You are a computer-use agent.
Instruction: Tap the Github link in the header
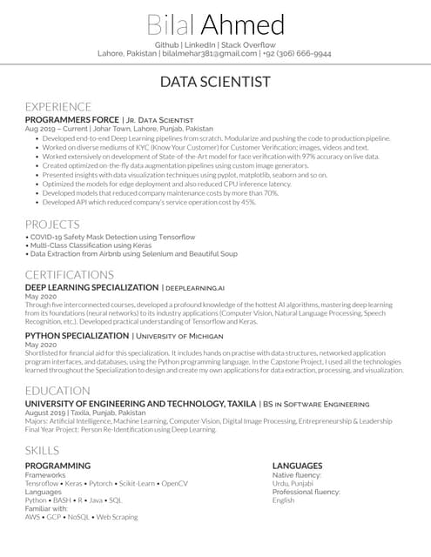coord(167,44)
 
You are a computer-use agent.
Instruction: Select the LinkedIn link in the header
coord(200,44)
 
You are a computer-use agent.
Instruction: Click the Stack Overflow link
coord(248,44)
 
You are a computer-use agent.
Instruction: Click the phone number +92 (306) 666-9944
coord(298,53)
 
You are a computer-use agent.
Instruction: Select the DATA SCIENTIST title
coord(215,83)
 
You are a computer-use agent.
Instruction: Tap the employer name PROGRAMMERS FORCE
coord(71,119)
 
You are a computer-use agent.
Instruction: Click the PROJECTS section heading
coord(52,224)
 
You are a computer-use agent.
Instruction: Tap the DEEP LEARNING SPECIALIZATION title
coord(91,286)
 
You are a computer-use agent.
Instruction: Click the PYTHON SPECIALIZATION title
coord(77,335)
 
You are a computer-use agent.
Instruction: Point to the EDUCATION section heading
coord(58,391)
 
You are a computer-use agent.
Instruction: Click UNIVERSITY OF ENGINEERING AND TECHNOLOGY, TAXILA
coord(140,404)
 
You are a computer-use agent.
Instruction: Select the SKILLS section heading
coord(43,451)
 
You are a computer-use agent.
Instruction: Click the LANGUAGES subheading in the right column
coord(297,466)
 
